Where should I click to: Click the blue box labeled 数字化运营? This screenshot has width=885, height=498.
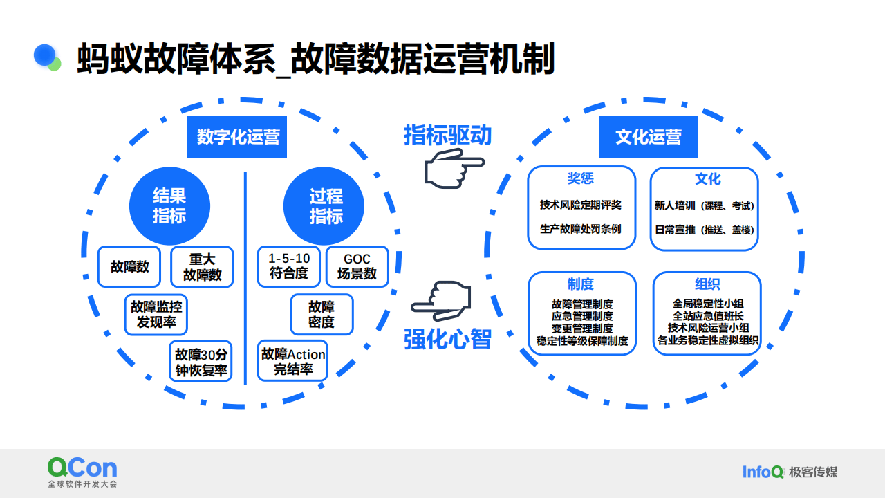click(x=238, y=137)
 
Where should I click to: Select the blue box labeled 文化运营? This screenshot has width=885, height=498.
click(x=648, y=137)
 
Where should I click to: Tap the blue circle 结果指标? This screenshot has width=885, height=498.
click(x=169, y=206)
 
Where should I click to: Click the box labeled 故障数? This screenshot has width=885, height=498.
click(x=129, y=266)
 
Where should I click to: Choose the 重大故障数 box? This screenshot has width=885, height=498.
click(x=202, y=267)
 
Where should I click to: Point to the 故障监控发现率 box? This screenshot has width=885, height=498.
click(x=157, y=314)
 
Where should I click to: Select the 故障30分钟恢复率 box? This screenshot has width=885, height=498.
click(x=201, y=362)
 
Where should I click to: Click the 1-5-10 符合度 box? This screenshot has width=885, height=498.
click(x=289, y=266)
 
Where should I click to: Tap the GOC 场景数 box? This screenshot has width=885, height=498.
click(x=357, y=266)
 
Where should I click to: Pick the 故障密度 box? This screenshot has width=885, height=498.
click(x=322, y=314)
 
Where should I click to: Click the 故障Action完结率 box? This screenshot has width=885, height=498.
click(x=293, y=362)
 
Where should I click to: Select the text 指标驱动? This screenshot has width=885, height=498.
click(x=447, y=135)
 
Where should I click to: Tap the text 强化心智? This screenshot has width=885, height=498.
click(x=447, y=340)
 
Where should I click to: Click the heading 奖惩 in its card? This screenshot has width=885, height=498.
click(x=581, y=178)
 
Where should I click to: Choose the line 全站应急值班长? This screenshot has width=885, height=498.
click(x=707, y=315)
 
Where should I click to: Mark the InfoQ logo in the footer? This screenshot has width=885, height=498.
click(x=763, y=472)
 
